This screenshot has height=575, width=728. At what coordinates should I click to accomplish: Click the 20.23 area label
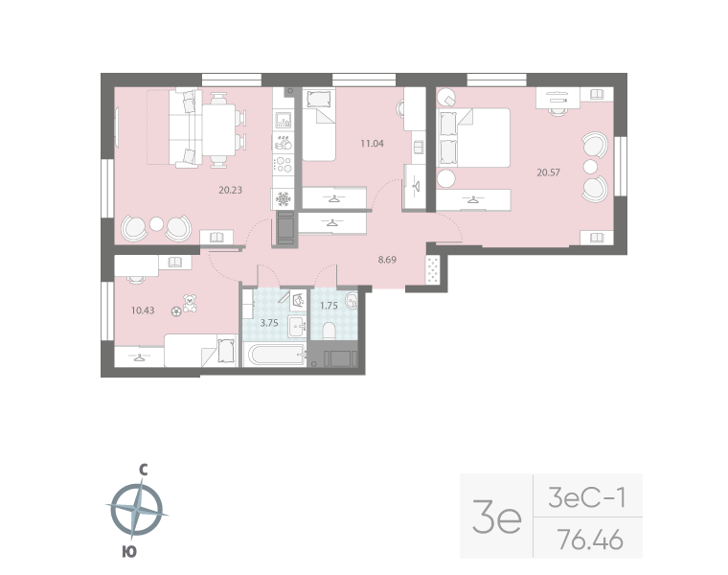[230, 190]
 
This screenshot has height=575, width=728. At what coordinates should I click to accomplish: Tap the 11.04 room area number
[372, 144]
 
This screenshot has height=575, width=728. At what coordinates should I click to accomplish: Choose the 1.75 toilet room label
[328, 306]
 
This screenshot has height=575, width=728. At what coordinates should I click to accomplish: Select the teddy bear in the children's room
[190, 302]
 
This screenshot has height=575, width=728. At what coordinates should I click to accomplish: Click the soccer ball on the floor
[175, 310]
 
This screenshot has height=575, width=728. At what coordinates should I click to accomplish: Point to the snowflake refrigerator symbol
[283, 198]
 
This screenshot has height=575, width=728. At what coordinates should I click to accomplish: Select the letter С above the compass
[142, 470]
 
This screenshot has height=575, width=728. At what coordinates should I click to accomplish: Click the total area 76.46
[589, 540]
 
